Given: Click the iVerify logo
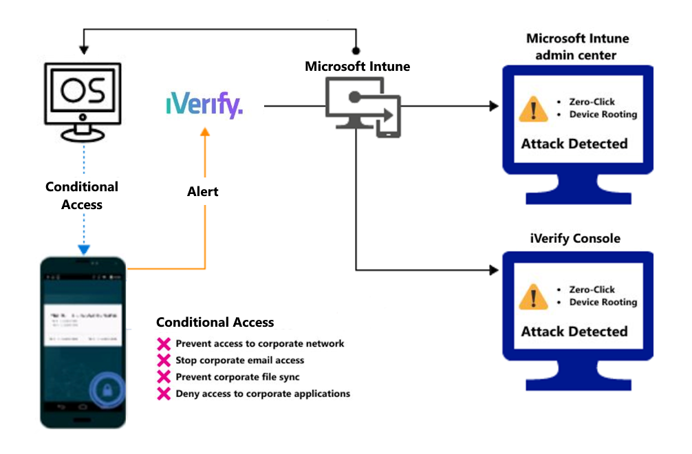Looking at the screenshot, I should [x=204, y=106].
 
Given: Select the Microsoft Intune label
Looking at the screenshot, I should [x=357, y=67].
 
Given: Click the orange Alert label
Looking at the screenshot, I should [x=203, y=191].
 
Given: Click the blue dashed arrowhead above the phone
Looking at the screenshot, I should [x=83, y=249].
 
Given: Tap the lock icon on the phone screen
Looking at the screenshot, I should [x=108, y=390].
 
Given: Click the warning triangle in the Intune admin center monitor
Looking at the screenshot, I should [x=534, y=109].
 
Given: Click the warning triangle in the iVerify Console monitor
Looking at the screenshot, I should [x=534, y=297].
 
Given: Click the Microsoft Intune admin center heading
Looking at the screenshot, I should [x=577, y=45].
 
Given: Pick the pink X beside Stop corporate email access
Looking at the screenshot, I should [x=164, y=360].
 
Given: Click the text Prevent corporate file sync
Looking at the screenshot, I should [x=237, y=377].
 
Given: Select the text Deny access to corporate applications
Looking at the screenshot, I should [x=263, y=393].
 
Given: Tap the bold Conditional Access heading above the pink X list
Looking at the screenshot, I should [x=215, y=322].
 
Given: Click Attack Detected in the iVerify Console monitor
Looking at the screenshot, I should [x=574, y=332].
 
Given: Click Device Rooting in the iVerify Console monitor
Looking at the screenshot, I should [x=603, y=302].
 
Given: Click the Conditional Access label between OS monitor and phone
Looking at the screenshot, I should [x=82, y=195].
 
